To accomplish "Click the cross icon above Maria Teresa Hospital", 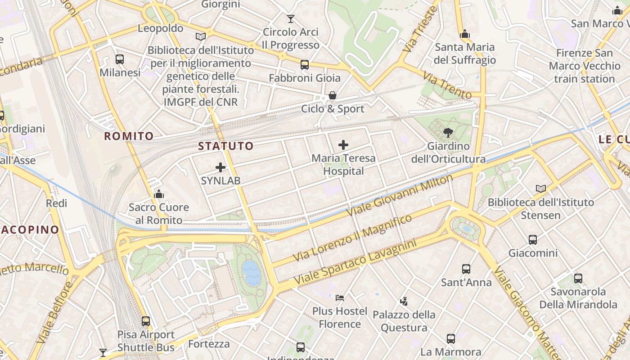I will pyautogui.click(x=343, y=145).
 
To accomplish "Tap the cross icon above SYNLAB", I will pyautogui.click(x=220, y=167).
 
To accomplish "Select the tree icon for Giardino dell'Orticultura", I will pyautogui.click(x=448, y=132).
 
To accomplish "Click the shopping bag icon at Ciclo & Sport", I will pyautogui.click(x=333, y=95).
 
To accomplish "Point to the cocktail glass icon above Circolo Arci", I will pyautogui.click(x=291, y=19).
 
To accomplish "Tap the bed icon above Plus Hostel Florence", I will pyautogui.click(x=340, y=298).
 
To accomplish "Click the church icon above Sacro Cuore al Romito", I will pyautogui.click(x=159, y=194).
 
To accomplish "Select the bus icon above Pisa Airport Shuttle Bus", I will pyautogui.click(x=146, y=321).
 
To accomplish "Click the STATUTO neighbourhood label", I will pyautogui.click(x=226, y=146).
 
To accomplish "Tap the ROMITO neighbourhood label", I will pyautogui.click(x=129, y=136).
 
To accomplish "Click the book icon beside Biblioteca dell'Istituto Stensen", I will pyautogui.click(x=541, y=189).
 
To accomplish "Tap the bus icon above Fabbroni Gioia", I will pyautogui.click(x=305, y=65).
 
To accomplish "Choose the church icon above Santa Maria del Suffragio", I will pyautogui.click(x=465, y=34).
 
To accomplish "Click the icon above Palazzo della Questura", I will pyautogui.click(x=404, y=301).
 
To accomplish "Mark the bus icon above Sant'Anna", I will pyautogui.click(x=466, y=269).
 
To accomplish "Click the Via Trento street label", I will pyautogui.click(x=447, y=85).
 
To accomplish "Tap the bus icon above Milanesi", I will pyautogui.click(x=120, y=59).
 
